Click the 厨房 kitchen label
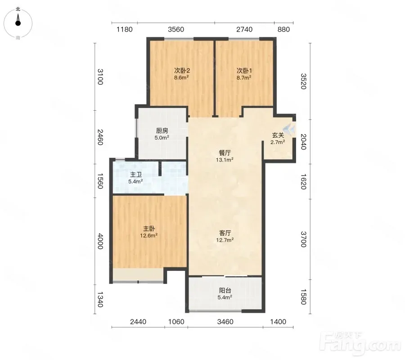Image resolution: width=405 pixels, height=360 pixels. pos(162,131)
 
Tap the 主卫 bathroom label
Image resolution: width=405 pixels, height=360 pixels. pos(135,175)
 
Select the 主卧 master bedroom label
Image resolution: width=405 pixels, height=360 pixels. pos(149,229)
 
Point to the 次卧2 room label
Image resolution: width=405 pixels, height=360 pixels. pos(182,71)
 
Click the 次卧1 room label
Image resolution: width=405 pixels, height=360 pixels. pos(244,71)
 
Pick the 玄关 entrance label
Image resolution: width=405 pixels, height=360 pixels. pos(278,135)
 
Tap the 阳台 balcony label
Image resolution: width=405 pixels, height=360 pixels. pos(225,291)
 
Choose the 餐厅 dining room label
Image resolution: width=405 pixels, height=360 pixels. pos(225,153)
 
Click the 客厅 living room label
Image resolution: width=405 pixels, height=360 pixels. pos(225,233)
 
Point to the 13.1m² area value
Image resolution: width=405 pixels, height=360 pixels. pos(225,160)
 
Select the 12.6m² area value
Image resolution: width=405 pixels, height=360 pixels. pos(149,235)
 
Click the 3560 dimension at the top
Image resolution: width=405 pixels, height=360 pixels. pos(176,29)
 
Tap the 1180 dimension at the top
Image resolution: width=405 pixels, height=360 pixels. pos(125,29)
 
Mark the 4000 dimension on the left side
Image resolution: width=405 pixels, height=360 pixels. pos(100,241)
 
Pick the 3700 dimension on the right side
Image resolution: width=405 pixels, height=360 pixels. pos(303,239)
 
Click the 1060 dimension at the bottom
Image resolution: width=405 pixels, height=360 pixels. pos(176,322)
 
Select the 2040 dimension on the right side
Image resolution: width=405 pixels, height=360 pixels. pos(303,141)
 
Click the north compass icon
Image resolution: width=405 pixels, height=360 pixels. pos(18,23)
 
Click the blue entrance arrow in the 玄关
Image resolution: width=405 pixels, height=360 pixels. pos(289,129)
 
